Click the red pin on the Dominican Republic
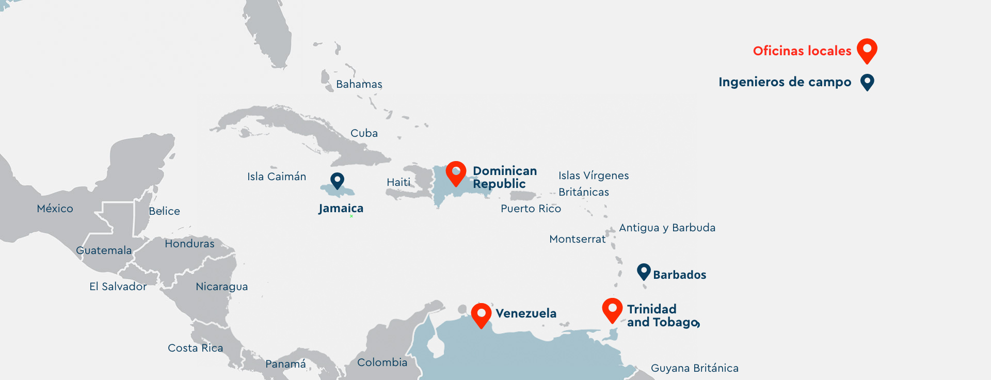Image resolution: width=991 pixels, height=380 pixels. tap(456, 172)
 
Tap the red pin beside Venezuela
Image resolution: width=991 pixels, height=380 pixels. tap(481, 314)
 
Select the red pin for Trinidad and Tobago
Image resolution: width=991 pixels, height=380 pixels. tap(612, 309)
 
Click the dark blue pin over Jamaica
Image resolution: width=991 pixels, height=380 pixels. tap(338, 180)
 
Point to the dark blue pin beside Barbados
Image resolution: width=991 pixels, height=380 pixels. tap(644, 271)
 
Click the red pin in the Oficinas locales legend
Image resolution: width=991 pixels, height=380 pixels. tap(867, 50)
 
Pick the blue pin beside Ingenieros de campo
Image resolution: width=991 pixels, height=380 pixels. tap(867, 82)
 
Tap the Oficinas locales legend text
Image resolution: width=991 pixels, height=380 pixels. tap(802, 51)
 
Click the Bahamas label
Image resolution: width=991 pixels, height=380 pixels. tap(359, 84)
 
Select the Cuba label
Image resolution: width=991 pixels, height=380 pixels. tap(364, 133)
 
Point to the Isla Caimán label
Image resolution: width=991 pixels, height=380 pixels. tap(277, 177)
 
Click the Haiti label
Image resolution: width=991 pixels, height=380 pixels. tap(398, 182)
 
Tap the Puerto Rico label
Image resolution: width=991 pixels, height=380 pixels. tap(531, 209)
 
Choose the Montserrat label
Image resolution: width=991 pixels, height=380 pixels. tap(577, 239)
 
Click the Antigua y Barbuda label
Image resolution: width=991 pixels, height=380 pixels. tap(667, 228)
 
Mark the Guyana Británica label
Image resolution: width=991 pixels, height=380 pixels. tap(694, 368)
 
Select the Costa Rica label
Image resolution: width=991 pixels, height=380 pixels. tap(195, 348)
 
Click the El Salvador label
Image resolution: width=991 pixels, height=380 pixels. tap(118, 287)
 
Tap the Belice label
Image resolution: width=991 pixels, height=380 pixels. tap(164, 211)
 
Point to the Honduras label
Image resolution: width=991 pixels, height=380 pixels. tap(189, 244)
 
